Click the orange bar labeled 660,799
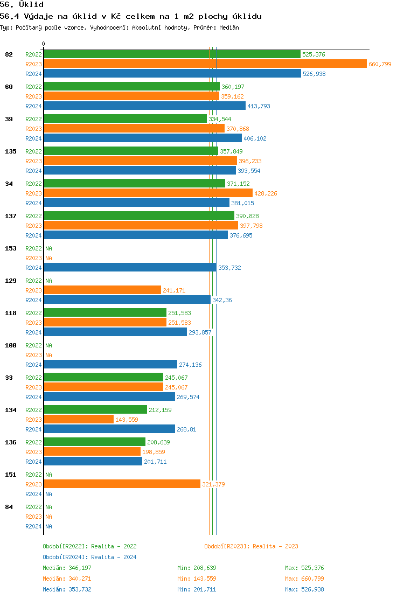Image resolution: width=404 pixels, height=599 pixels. [x=205, y=64]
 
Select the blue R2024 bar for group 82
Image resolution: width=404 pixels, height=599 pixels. [x=172, y=74]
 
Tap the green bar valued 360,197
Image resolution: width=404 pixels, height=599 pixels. [x=131, y=87]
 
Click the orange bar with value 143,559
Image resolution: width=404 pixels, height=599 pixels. [x=79, y=420]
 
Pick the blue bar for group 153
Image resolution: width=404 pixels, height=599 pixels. [x=130, y=268]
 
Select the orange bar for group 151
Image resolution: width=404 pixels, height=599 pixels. [x=122, y=484]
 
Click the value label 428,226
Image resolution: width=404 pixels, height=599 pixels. [x=266, y=193]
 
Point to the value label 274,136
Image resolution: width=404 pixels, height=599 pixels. [x=190, y=365]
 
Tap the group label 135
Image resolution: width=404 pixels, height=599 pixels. [x=11, y=151]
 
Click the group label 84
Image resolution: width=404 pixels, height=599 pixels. [x=9, y=507]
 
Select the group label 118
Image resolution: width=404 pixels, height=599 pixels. [x=11, y=313]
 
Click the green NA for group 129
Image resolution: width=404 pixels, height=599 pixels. [x=48, y=281]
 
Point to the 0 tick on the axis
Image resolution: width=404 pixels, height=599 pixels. [x=44, y=44]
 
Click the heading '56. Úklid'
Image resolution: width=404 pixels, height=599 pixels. [x=22, y=5]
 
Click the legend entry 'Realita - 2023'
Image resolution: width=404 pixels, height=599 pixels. [x=275, y=546]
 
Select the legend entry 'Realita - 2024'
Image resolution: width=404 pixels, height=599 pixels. [x=114, y=557]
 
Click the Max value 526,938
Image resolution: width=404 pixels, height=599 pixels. [x=312, y=589]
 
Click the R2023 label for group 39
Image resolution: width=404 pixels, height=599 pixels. [x=33, y=129]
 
